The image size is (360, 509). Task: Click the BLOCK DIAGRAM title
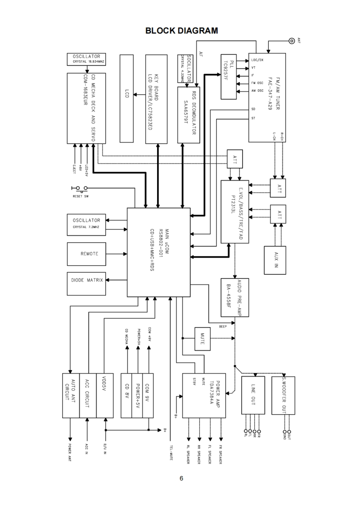pyautogui.click(x=182, y=31)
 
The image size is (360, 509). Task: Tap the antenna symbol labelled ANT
pyautogui.click(x=291, y=41)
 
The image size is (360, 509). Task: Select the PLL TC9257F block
pyautogui.click(x=233, y=76)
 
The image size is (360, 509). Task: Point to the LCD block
pyautogui.click(x=127, y=98)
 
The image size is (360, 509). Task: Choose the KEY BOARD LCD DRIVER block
pyautogui.click(x=157, y=98)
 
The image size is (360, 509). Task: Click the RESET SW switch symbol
pyautogui.click(x=79, y=188)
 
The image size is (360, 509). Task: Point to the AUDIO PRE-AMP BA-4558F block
pyautogui.click(x=235, y=297)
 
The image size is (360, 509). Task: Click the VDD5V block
pyautogui.click(x=104, y=396)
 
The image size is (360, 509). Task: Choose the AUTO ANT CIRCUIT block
pyautogui.click(x=70, y=396)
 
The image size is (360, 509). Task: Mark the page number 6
pyautogui.click(x=182, y=478)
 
